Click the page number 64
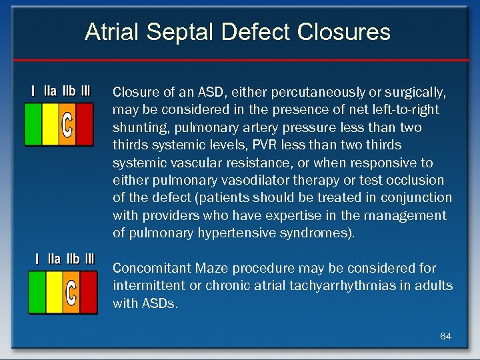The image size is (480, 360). tap(445, 336)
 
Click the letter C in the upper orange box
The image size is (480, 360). tap(67, 124)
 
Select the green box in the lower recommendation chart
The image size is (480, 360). tap(36, 292)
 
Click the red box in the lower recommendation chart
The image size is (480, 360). tap(88, 292)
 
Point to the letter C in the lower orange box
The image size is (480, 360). tap(71, 292)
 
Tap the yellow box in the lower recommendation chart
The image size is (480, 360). tap(53, 292)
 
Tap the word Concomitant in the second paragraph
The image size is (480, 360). tap(153, 268)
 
